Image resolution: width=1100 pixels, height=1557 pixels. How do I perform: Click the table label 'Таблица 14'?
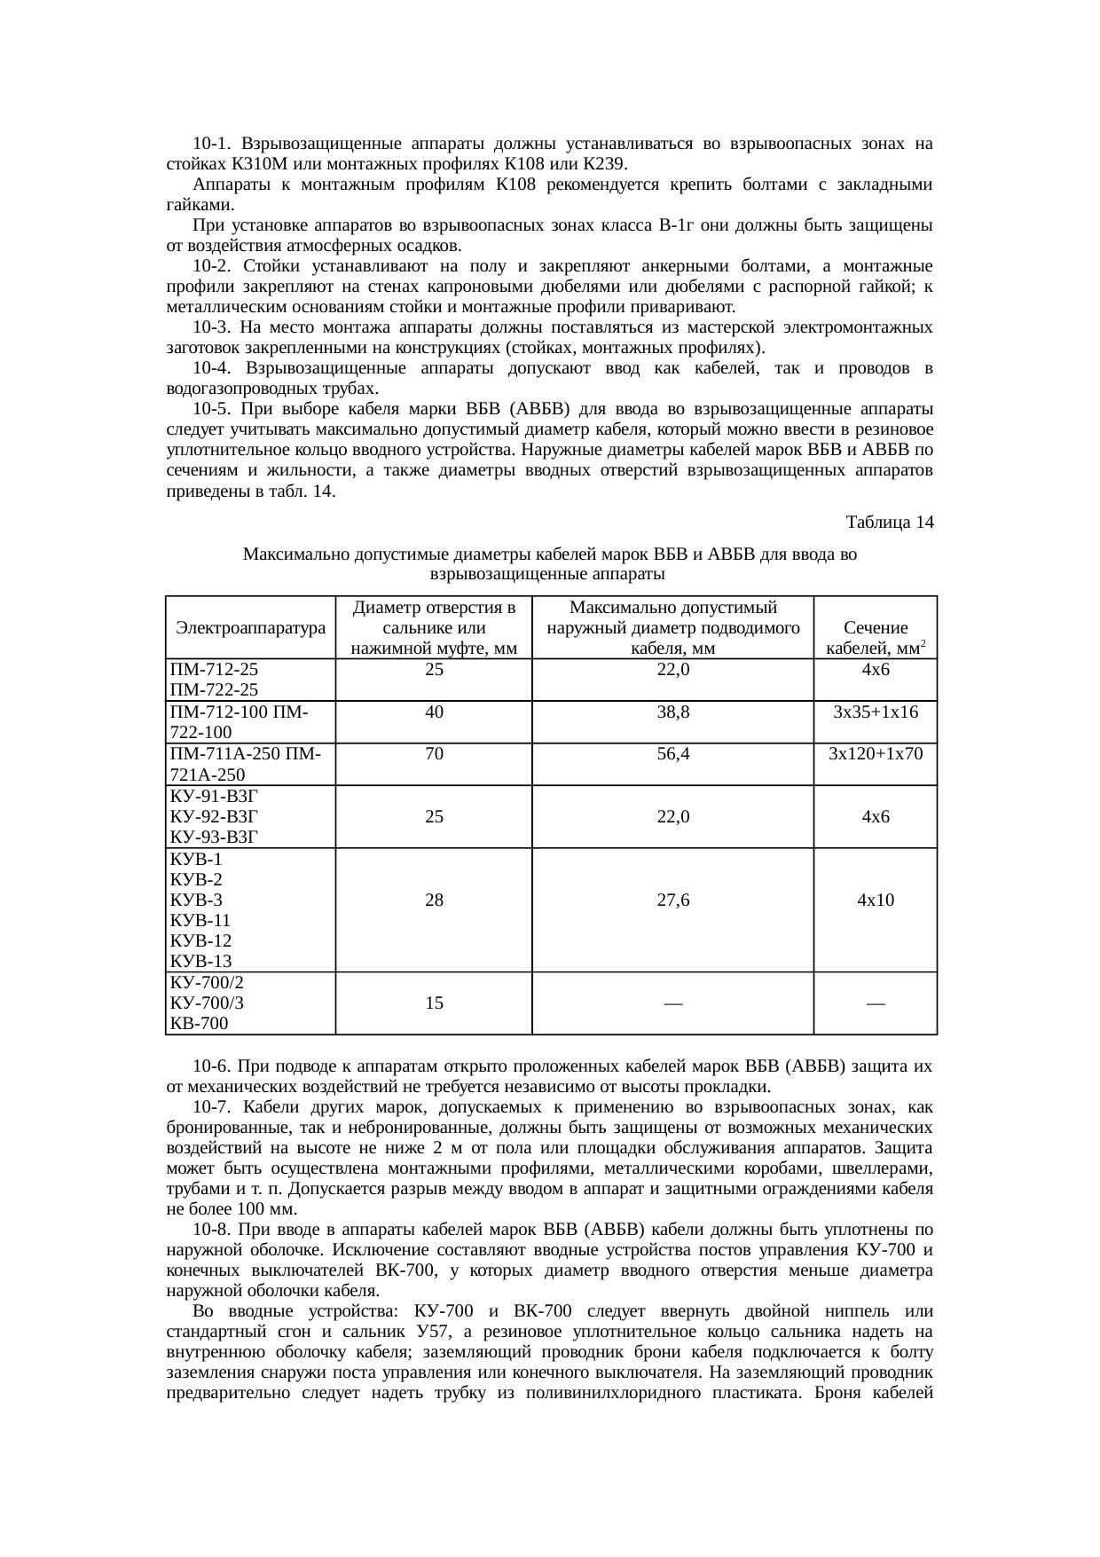tap(890, 523)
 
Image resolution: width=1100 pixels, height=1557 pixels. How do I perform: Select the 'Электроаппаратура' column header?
tap(250, 627)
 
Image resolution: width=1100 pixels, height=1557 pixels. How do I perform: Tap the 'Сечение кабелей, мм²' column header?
tap(876, 638)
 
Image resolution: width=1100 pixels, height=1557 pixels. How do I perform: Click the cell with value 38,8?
tap(673, 712)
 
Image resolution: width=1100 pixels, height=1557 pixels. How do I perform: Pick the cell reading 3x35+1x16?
tap(876, 712)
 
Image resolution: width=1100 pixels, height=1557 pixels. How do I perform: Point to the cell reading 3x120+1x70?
tap(876, 754)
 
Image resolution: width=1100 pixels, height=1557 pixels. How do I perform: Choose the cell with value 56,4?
tap(673, 754)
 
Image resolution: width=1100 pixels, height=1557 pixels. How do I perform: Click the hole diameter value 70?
tap(434, 754)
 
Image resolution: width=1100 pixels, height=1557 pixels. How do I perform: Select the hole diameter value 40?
tap(434, 712)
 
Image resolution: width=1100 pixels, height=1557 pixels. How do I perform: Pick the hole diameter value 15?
tap(434, 1003)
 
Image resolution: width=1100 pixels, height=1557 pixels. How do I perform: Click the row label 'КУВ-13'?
tap(200, 961)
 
